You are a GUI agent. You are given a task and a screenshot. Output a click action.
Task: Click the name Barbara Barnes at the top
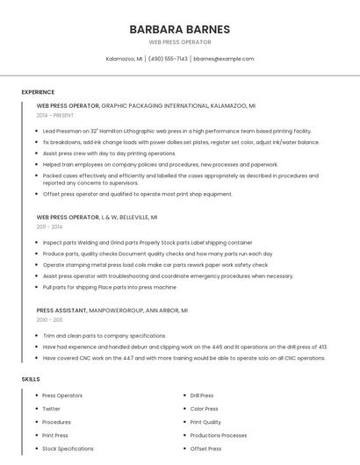pos(179,29)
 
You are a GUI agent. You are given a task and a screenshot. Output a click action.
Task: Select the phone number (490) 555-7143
pos(168,59)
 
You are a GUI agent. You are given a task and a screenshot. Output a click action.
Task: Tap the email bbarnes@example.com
pos(224,59)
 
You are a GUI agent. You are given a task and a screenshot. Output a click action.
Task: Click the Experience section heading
pos(38,92)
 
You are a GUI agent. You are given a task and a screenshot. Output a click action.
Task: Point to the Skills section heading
pos(30,379)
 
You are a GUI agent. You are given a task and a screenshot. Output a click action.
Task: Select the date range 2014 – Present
pos(54,115)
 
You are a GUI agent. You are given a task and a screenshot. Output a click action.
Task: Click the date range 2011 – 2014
pos(49,226)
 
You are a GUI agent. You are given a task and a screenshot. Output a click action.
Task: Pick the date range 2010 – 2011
pos(49,320)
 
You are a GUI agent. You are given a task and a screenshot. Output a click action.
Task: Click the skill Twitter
pos(51,409)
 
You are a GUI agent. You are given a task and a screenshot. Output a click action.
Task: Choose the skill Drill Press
pos(202,396)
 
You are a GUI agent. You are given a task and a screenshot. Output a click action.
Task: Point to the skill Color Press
pos(204,409)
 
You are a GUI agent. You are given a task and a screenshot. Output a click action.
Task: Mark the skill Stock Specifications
pos(68,448)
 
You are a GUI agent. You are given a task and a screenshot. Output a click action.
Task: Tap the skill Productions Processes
pos(219,435)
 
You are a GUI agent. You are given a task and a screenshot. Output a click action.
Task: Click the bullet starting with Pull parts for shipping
pos(109,287)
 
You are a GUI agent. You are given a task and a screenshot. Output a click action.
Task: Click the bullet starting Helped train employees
pos(160,164)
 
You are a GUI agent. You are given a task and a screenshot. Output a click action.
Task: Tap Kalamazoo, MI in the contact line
pos(124,59)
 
